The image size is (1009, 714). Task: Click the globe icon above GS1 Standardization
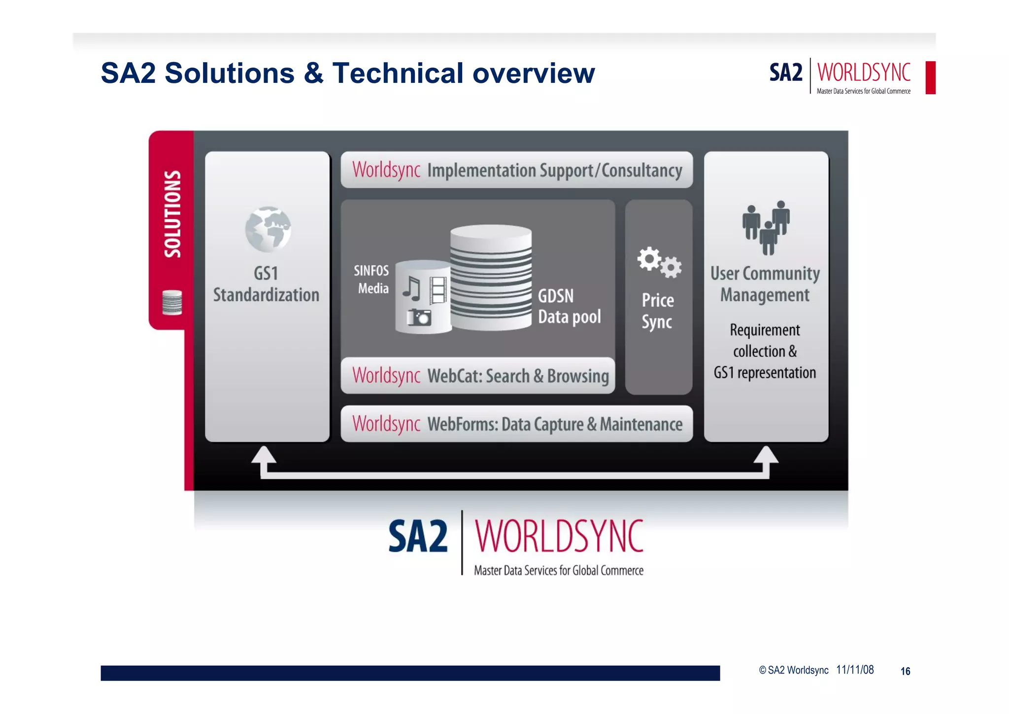click(268, 229)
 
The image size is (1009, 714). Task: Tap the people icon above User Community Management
click(766, 228)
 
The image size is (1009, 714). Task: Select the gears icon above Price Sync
click(659, 262)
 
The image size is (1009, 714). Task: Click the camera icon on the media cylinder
click(419, 317)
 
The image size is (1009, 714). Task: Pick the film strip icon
click(438, 289)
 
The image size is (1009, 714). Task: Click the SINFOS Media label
click(372, 279)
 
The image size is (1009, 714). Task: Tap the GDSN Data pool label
click(569, 306)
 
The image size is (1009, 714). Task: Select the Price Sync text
click(658, 311)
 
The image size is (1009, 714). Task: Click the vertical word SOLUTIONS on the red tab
click(172, 214)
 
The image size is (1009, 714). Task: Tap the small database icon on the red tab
click(172, 302)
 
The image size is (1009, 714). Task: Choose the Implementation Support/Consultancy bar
click(516, 170)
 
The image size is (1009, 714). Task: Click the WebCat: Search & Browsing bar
click(477, 376)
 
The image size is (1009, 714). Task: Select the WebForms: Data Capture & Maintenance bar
click(516, 424)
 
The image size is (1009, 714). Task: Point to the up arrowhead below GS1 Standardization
click(264, 455)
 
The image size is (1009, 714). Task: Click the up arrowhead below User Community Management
click(766, 455)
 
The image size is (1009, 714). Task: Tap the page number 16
click(905, 671)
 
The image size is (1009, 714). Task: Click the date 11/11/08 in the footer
click(855, 670)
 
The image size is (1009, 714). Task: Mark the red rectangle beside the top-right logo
click(930, 77)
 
